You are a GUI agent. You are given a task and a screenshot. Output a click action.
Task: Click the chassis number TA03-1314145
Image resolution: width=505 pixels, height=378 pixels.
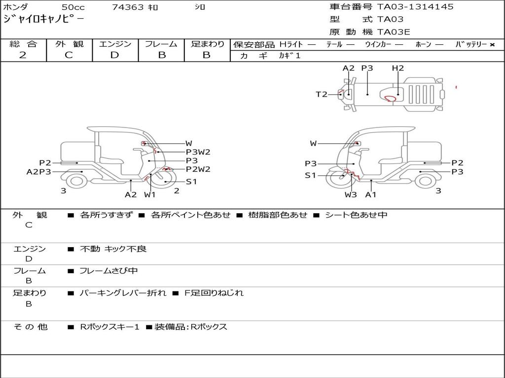pos(415,7)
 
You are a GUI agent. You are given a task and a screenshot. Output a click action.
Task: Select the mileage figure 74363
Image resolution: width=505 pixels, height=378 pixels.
pos(128,7)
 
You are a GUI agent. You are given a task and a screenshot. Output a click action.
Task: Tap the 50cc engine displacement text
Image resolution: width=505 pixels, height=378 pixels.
pos(73,7)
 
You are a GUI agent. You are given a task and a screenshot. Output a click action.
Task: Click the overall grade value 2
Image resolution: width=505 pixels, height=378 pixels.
pos(23,55)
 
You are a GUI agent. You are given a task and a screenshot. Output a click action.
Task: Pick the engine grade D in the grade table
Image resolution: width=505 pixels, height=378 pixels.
pos(114,55)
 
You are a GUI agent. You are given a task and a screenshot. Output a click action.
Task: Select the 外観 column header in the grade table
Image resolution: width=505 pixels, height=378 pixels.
pos(69,44)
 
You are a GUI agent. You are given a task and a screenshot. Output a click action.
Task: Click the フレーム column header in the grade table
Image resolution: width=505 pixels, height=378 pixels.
pos(161,44)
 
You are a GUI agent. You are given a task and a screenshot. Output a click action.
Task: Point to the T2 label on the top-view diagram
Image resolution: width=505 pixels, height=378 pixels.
pos(322,94)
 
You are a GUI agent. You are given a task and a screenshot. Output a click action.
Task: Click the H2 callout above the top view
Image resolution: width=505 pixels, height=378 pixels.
pos(398,68)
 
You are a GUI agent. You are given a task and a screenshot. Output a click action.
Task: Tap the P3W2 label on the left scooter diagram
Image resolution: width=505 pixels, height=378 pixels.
pos(198,152)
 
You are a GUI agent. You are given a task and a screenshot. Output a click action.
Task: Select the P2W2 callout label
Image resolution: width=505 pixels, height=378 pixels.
pos(198,169)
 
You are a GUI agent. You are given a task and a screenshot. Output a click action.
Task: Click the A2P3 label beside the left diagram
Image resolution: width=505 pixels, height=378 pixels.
pos(38,172)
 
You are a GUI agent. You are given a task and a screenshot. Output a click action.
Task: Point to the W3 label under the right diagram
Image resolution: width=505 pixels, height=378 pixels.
pos(351,194)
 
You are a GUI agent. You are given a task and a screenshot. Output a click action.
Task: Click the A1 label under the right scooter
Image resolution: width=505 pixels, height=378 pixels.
pos(371,194)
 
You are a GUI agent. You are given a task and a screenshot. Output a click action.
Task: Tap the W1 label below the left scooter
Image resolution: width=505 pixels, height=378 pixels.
pos(150,194)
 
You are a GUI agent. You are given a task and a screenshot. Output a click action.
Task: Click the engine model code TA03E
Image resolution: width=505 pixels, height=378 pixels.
pos(394,32)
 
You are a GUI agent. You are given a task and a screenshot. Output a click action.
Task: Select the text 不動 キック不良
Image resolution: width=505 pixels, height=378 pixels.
pos(113,249)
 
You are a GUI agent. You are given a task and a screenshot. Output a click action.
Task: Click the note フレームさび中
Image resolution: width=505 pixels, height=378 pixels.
pos(108,271)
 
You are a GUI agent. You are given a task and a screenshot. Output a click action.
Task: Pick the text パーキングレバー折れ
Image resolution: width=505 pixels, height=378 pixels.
pos(123,293)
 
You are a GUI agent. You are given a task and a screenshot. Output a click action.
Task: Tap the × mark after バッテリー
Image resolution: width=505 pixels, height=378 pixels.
pos(492,45)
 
